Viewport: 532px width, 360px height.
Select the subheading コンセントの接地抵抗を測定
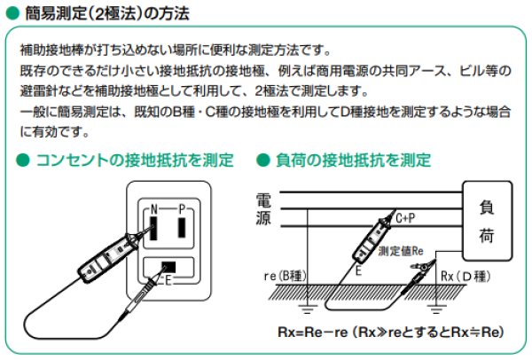tap(133, 160)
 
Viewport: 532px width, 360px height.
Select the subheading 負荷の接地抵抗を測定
tap(353, 160)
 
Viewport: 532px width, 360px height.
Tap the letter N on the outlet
tap(153, 208)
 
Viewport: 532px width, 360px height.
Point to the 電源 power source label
tap(263, 209)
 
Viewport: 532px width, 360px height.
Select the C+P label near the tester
tap(406, 217)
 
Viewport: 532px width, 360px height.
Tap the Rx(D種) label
tap(466, 277)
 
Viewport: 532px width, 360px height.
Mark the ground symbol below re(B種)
tap(306, 309)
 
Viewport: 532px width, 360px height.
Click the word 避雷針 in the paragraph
tap(40, 91)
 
